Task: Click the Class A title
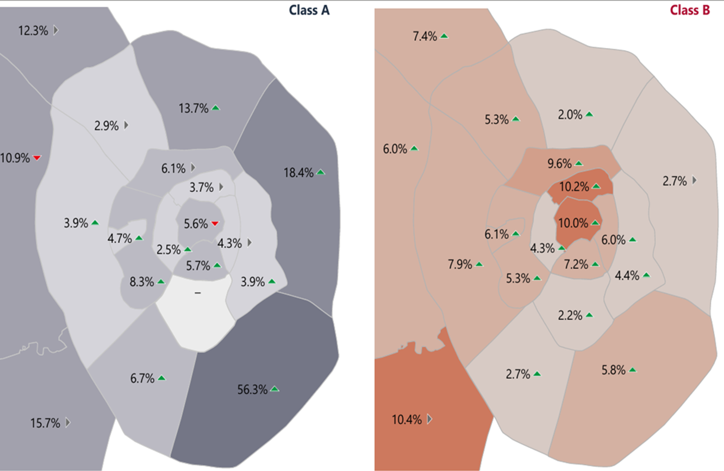(x=309, y=10)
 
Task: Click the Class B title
(x=690, y=10)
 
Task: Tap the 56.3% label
(x=252, y=390)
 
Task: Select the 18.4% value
(x=298, y=173)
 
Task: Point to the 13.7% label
(x=194, y=109)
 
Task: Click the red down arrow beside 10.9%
(x=37, y=158)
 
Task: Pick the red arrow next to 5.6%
(x=215, y=223)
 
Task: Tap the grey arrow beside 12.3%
(x=55, y=30)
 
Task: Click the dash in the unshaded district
(x=197, y=293)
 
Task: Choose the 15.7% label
(x=45, y=423)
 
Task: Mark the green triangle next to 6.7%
(x=161, y=378)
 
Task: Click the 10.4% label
(x=407, y=419)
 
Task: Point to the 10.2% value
(x=574, y=187)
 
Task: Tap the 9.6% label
(x=560, y=164)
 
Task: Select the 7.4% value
(x=425, y=36)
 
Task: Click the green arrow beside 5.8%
(x=633, y=370)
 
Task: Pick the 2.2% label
(x=570, y=315)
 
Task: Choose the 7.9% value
(x=460, y=265)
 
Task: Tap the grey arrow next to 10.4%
(x=429, y=419)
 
